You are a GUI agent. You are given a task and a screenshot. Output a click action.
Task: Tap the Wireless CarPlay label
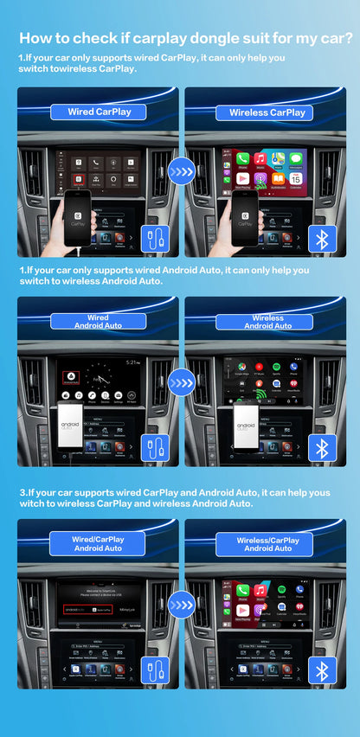point(267,112)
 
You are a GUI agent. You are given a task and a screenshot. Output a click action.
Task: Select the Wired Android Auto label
point(98,322)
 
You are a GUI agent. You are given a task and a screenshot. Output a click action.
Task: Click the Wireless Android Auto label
point(267,322)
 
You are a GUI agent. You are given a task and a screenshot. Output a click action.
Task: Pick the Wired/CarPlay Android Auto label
point(98,543)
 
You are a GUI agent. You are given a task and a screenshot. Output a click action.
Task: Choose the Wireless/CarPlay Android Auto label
point(267,543)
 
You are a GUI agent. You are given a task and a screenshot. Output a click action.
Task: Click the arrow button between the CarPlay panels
point(181,171)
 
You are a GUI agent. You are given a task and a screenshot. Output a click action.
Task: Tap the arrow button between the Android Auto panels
point(181,381)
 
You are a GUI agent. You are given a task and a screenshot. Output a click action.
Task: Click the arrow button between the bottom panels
point(181,603)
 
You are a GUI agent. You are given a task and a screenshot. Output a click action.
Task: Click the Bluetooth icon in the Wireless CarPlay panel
point(323,239)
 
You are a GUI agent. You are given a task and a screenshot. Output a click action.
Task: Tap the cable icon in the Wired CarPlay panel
point(156,239)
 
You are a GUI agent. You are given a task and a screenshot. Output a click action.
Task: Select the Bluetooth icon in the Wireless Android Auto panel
point(323,448)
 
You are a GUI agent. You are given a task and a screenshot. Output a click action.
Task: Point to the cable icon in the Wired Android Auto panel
point(156,448)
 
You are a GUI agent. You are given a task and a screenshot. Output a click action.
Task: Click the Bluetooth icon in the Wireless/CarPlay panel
point(323,670)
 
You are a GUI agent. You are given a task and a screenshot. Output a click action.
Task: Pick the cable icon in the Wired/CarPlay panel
point(156,670)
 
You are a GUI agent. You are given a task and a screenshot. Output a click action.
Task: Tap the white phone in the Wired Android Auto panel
point(71,424)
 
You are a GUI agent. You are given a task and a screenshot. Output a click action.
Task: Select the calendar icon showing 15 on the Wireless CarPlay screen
point(296,177)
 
